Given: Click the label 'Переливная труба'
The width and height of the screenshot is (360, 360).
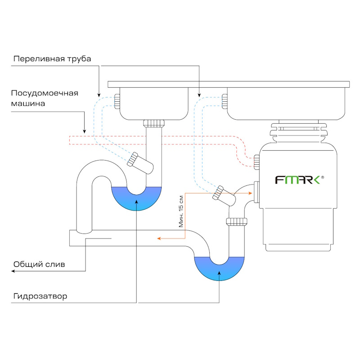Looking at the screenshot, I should [52, 59].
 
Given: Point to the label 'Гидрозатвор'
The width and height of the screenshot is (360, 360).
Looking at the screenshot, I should [40, 297].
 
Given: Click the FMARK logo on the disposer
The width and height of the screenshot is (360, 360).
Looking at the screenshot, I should [297, 180].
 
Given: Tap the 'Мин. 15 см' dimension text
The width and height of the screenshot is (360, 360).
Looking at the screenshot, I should [181, 211].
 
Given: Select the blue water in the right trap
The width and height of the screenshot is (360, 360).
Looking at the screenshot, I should [219, 268].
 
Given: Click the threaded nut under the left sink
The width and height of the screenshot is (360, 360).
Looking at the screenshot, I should [154, 123].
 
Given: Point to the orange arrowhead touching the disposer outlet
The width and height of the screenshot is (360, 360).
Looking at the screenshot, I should [250, 193].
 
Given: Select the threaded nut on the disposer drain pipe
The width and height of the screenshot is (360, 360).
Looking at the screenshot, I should [237, 221].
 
